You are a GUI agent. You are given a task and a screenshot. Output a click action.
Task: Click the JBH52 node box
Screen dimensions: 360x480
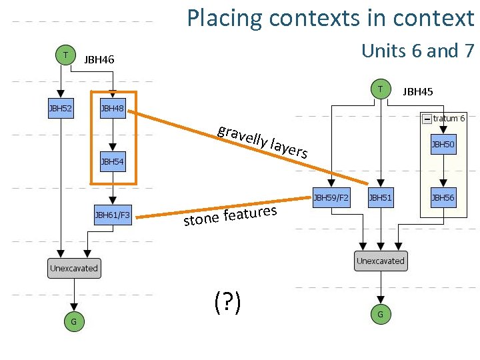click(x=61, y=107)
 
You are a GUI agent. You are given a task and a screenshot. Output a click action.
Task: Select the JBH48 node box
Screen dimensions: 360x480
click(x=112, y=107)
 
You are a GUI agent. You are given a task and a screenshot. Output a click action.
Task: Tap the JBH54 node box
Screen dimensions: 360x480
click(x=112, y=161)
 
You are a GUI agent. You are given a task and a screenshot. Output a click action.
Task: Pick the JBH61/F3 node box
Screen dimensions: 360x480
click(x=112, y=215)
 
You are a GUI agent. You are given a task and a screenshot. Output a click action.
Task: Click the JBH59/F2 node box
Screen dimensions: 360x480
click(x=331, y=197)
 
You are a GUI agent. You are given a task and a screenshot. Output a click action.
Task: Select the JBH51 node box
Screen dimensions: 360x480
click(x=380, y=197)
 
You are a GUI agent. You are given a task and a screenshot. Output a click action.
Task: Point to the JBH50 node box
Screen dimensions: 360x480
click(x=443, y=144)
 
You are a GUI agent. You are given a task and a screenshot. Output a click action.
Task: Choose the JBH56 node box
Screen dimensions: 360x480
click(x=443, y=197)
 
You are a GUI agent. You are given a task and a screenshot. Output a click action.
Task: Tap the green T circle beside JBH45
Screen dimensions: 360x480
click(x=380, y=88)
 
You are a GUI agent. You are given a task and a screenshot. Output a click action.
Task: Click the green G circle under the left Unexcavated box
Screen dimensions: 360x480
click(x=73, y=322)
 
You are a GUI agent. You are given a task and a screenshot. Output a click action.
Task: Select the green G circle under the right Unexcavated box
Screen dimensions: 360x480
click(x=380, y=313)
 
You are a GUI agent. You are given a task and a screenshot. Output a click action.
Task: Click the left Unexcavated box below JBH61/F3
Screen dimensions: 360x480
click(x=73, y=268)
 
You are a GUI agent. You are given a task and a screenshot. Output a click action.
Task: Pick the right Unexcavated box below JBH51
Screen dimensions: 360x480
click(x=380, y=261)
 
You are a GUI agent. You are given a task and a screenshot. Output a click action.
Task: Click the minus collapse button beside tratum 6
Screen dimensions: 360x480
click(x=426, y=119)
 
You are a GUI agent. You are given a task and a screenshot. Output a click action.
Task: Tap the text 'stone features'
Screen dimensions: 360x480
click(x=230, y=217)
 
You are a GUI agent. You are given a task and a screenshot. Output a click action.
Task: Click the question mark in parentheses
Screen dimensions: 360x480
click(x=227, y=303)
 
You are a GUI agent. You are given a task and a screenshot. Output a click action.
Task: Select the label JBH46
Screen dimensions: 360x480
click(x=99, y=60)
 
